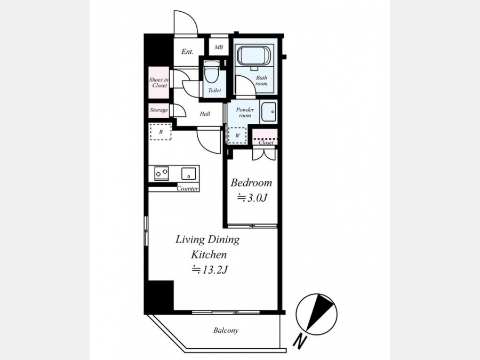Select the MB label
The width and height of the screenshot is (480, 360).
click(219, 47)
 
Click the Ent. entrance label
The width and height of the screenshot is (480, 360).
click(187, 52)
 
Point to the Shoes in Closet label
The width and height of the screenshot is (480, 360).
click(159, 83)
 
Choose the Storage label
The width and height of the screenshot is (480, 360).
click(159, 110)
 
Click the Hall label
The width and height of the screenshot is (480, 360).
click(205, 114)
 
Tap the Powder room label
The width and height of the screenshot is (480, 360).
click(245, 113)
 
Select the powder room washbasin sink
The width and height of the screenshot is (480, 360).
click(268, 112)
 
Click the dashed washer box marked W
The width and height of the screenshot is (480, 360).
click(237, 135)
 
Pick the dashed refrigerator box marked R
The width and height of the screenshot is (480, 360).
click(161, 132)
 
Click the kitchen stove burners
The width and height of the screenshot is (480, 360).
click(161, 173)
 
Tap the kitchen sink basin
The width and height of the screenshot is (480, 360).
click(188, 173)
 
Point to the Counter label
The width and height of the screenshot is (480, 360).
click(187, 189)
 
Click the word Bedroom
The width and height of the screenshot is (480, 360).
click(251, 183)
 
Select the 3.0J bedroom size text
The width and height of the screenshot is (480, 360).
click(253, 198)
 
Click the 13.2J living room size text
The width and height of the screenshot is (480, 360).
click(210, 269)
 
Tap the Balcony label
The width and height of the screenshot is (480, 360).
click(226, 330)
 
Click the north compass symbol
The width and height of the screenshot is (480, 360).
click(316, 314)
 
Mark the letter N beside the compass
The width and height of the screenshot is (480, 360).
click(300, 341)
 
